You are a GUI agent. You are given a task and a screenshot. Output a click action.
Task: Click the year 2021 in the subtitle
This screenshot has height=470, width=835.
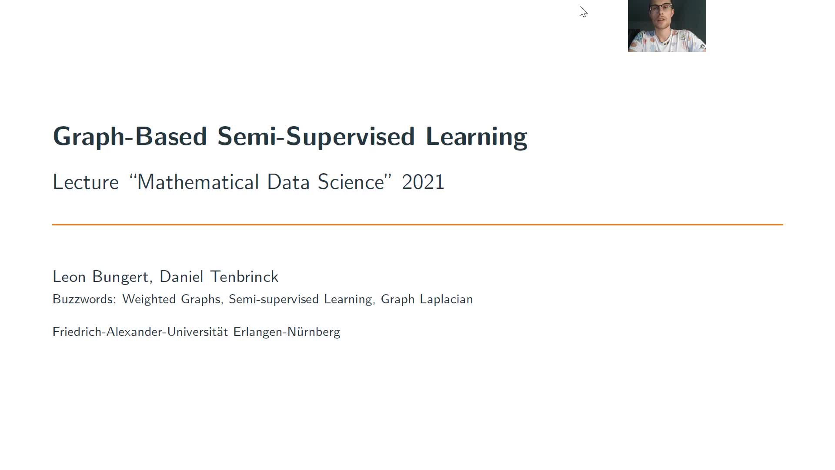tap(423, 182)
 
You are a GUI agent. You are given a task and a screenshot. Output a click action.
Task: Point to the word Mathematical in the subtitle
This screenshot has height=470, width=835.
tap(197, 182)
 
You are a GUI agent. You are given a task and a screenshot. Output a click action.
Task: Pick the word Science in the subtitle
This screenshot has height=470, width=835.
tap(351, 182)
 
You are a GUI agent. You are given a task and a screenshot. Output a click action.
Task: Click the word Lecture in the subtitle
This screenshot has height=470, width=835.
tap(86, 182)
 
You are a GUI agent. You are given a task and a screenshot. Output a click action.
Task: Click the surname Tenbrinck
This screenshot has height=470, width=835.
tap(244, 277)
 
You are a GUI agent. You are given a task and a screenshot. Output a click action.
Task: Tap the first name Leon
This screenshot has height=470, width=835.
tap(69, 277)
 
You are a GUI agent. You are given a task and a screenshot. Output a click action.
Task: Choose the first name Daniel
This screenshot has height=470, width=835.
tap(181, 277)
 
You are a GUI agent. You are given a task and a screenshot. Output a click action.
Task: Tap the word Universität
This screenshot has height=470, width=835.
tap(197, 332)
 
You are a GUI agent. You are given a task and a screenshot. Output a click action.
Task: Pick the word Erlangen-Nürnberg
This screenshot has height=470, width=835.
tap(287, 332)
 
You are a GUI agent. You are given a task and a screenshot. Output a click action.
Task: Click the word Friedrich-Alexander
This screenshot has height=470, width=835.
tap(108, 332)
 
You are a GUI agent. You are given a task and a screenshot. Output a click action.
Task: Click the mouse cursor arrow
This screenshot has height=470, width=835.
tap(583, 12)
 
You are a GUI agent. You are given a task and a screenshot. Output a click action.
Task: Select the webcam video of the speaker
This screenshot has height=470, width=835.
tap(667, 26)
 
